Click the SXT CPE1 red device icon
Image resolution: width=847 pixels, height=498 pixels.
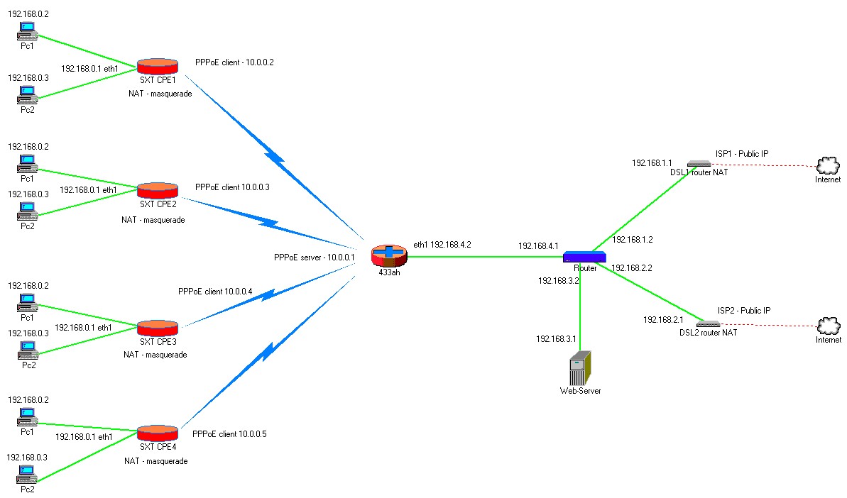click(157, 67)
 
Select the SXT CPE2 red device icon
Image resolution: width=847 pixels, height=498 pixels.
click(157, 190)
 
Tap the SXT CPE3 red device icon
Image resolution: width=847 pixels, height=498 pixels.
click(157, 328)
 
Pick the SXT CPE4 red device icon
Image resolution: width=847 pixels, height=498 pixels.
click(157, 433)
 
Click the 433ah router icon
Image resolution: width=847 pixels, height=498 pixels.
click(389, 256)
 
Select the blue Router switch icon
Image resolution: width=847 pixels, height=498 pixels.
click(584, 257)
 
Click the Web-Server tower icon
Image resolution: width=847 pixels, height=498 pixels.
click(580, 368)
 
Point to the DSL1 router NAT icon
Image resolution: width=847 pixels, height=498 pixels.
click(699, 163)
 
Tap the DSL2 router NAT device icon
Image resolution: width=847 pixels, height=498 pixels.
click(708, 324)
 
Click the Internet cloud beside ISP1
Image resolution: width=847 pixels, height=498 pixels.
click(828, 165)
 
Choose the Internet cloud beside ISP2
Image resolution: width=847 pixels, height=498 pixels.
click(829, 326)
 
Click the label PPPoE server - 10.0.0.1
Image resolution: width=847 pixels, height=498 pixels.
click(315, 258)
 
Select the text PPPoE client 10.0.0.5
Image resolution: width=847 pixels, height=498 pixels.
click(229, 433)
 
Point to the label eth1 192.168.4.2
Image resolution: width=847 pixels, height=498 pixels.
click(442, 245)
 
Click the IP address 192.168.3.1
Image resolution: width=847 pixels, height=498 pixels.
click(556, 339)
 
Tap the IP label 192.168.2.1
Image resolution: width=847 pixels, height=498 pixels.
click(663, 319)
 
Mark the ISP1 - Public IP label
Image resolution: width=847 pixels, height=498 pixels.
click(742, 154)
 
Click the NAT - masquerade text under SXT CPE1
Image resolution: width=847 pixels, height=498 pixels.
click(160, 94)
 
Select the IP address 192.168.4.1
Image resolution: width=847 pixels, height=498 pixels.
click(538, 246)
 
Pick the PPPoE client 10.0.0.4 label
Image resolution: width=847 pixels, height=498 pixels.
click(215, 292)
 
